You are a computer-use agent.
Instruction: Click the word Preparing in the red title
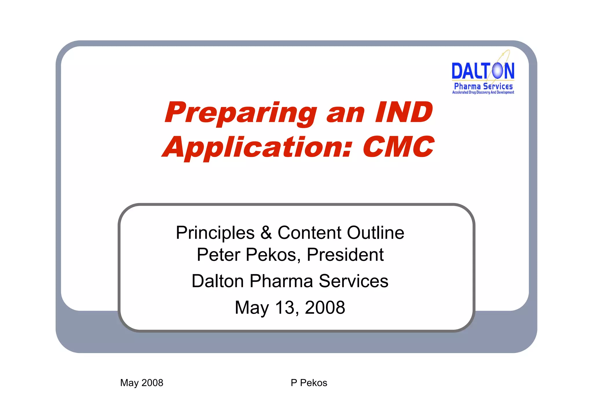[x=240, y=113]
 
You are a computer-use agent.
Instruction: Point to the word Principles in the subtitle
[x=215, y=233]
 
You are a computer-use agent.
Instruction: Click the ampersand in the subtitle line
[x=266, y=233]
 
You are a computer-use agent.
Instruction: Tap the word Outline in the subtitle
[x=375, y=233]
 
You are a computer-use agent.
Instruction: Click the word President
[x=345, y=255]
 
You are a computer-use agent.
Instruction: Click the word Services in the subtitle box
[x=353, y=281]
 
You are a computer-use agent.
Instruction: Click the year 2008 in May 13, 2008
[x=325, y=308]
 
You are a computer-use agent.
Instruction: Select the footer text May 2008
[x=142, y=383]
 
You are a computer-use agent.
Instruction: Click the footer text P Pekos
[x=309, y=383]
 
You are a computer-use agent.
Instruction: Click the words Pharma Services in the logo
[x=483, y=86]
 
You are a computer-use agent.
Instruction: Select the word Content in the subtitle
[x=309, y=233]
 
